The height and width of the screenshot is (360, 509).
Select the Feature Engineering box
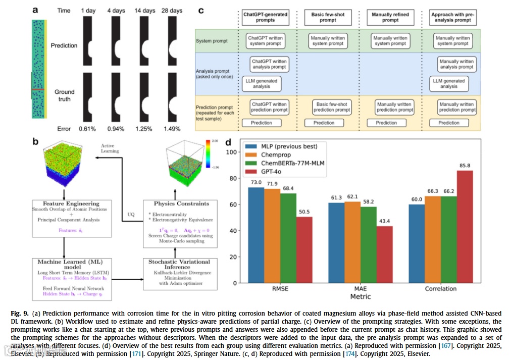tap(64, 217)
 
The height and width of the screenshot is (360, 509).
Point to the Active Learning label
tap(110, 148)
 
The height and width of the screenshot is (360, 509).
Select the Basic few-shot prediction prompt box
tap(331, 107)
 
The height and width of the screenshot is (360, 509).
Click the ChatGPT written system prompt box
tap(266, 40)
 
